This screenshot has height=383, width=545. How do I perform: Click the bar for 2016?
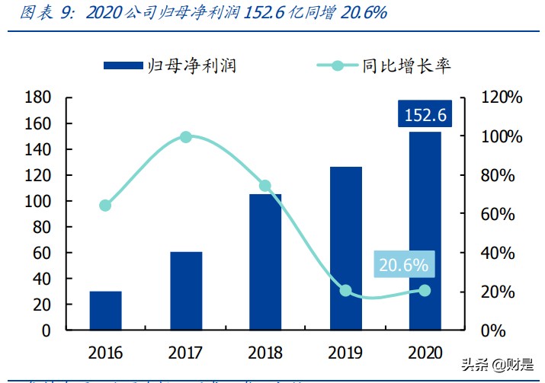click(x=105, y=311)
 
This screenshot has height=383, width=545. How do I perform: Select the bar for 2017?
click(x=186, y=291)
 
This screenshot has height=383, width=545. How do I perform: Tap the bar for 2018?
click(x=265, y=262)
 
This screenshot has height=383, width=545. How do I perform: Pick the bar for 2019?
click(x=345, y=248)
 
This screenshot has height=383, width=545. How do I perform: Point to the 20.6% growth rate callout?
click(x=403, y=265)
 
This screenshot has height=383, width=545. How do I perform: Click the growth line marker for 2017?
click(x=186, y=137)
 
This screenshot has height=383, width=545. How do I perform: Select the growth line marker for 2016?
click(x=105, y=206)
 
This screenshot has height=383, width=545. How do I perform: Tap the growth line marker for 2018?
click(x=265, y=186)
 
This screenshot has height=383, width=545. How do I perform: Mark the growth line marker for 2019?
click(x=345, y=291)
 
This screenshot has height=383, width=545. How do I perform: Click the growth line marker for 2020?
click(x=425, y=291)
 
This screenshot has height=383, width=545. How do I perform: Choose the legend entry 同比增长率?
click(x=384, y=65)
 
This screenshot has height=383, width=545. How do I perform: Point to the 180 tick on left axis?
click(x=37, y=97)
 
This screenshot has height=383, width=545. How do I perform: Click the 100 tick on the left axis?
click(x=37, y=201)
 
